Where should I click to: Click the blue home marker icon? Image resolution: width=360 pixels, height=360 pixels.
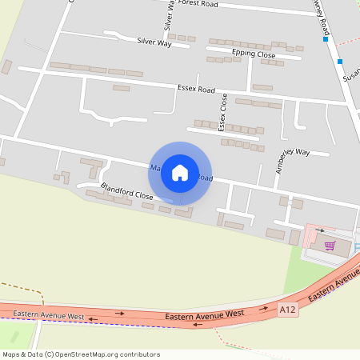(x=180, y=172)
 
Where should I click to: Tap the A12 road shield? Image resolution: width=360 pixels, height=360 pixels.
(x=288, y=308)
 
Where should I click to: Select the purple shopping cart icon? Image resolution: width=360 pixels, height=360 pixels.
(x=329, y=246)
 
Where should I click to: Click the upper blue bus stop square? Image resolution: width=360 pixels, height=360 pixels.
(x=326, y=38)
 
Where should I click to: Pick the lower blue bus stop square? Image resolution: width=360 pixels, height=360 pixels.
(x=340, y=62)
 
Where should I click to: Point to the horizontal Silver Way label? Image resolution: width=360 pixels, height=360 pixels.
(x=154, y=42)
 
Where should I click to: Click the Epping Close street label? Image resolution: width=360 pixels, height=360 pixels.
(x=254, y=54)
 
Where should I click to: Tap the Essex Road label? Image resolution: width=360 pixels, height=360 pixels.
(x=196, y=87)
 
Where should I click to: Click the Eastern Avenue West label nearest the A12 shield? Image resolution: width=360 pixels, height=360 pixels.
(x=204, y=316)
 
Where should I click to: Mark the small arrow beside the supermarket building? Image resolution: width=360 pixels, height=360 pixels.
(x=320, y=230)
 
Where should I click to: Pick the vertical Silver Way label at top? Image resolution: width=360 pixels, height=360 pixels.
(x=169, y=16)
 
